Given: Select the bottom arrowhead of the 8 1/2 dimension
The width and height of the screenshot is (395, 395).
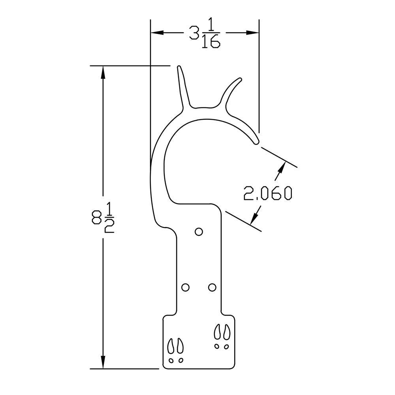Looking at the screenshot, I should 103,362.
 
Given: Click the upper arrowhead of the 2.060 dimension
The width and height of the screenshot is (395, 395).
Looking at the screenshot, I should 281,166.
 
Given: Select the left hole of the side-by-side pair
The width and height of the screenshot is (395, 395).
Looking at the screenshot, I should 185,287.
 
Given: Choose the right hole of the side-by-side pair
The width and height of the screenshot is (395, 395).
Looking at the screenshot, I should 212,287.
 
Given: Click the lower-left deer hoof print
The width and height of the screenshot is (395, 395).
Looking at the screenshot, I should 175,350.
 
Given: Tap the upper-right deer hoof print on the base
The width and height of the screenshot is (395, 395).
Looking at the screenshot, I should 222,336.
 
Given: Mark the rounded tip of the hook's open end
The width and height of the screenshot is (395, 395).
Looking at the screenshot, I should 256,141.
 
